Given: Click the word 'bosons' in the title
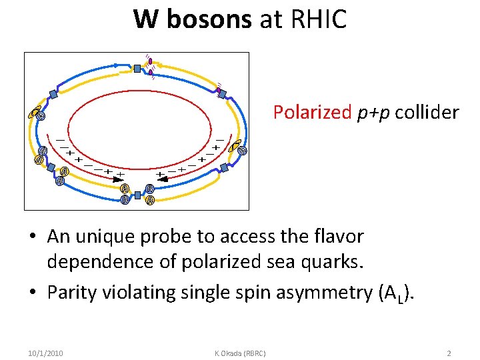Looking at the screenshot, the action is pyautogui.click(x=209, y=19).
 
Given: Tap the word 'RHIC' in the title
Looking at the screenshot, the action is pyautogui.click(x=319, y=19).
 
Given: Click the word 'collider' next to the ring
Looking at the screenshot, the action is pyautogui.click(x=427, y=112).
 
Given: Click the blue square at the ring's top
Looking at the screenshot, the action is pyautogui.click(x=137, y=68).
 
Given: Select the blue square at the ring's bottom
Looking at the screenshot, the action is pyautogui.click(x=137, y=195).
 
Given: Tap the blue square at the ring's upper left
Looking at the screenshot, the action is pyautogui.click(x=54, y=94).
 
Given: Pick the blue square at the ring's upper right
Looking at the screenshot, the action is pyautogui.click(x=222, y=94).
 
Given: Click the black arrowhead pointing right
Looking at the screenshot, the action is pyautogui.click(x=120, y=179).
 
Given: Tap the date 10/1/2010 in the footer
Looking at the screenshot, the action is pyautogui.click(x=46, y=353).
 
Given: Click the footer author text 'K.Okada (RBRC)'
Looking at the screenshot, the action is pyautogui.click(x=240, y=353).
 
